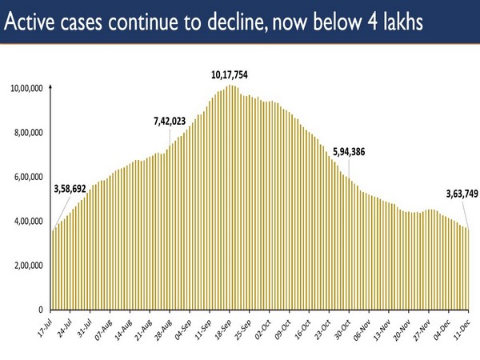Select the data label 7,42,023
(x=170, y=122)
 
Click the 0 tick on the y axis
(x=41, y=310)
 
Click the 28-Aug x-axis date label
(x=162, y=328)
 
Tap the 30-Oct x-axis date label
(x=340, y=328)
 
